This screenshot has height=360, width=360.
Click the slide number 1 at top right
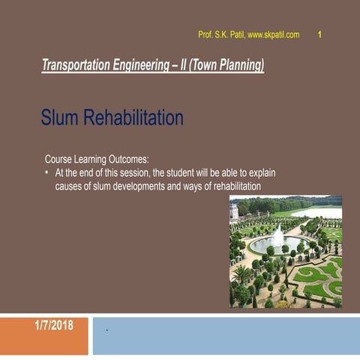point(320,34)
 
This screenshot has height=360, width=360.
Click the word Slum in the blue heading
point(60,118)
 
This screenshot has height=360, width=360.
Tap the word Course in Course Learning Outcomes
point(59,160)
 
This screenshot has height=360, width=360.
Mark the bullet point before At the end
point(48,173)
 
